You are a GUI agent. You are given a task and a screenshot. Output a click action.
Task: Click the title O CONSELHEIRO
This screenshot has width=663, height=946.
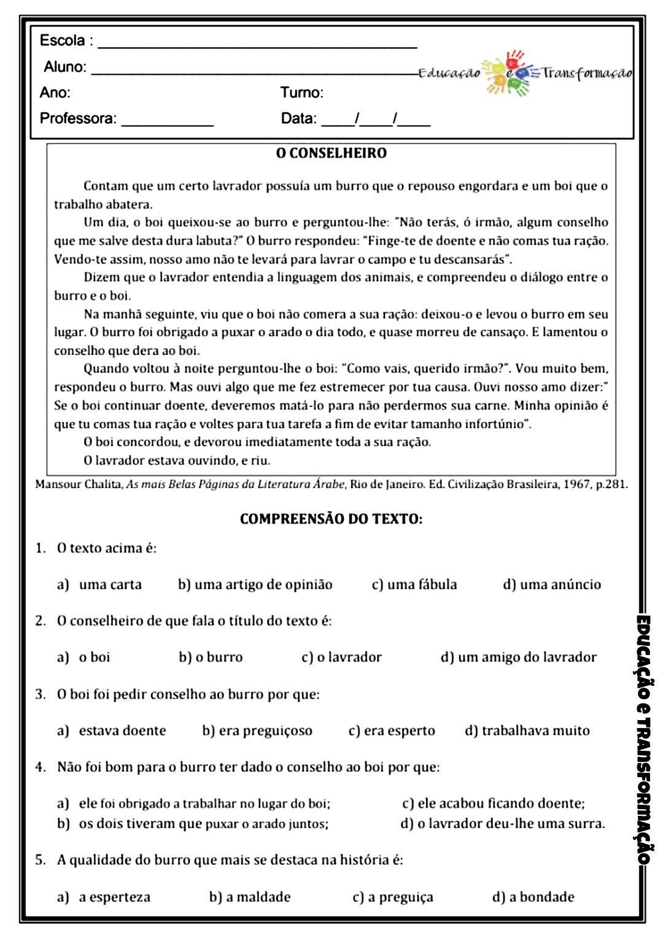tap(331, 153)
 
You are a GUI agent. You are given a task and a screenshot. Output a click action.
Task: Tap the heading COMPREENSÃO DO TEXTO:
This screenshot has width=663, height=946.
tap(331, 519)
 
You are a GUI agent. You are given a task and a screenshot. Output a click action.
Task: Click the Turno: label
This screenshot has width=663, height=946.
tap(301, 93)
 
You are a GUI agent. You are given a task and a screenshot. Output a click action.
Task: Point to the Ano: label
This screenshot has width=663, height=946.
tap(55, 93)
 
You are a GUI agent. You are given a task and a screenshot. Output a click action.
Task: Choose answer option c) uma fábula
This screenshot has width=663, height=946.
tap(414, 584)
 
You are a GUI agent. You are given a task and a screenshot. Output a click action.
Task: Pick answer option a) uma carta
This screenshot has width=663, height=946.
tap(99, 584)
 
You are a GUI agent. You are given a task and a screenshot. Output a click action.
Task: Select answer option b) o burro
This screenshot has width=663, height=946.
tap(211, 657)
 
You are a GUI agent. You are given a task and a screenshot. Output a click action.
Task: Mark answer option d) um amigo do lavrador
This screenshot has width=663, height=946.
tap(519, 657)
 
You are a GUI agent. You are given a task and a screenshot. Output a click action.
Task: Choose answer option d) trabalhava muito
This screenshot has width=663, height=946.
tap(527, 731)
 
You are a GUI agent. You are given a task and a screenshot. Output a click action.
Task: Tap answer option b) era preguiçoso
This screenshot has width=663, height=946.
tap(257, 731)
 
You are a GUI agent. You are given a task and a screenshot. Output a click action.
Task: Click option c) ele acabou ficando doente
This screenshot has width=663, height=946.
tap(494, 803)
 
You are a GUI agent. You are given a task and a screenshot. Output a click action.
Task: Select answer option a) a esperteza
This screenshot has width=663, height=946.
tap(104, 897)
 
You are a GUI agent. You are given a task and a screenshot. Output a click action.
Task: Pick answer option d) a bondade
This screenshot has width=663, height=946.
tap(533, 897)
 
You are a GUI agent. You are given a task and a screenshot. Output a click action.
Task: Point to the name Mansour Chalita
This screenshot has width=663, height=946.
tap(79, 484)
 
